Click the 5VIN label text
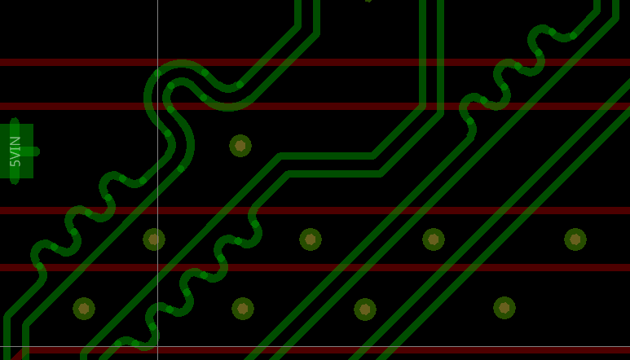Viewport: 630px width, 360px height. pyautogui.click(x=15, y=151)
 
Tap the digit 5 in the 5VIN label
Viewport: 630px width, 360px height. pyautogui.click(x=15, y=163)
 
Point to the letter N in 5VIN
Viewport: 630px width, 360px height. pyautogui.click(x=15, y=140)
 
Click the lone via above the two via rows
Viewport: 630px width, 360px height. pyautogui.click(x=240, y=146)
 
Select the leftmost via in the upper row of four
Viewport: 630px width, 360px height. pyautogui.click(x=154, y=239)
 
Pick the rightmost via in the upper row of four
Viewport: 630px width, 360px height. pyautogui.click(x=575, y=239)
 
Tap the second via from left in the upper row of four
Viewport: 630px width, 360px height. pyautogui.click(x=311, y=239)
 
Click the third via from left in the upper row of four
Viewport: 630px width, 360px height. pyautogui.click(x=434, y=239)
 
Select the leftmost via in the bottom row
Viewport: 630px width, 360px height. pyautogui.click(x=84, y=309)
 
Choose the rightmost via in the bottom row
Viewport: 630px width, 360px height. pyautogui.click(x=504, y=308)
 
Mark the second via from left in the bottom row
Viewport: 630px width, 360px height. pyautogui.click(x=243, y=309)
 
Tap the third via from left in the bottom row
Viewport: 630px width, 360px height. pyautogui.click(x=365, y=310)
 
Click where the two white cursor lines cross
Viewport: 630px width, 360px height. pyautogui.click(x=158, y=346)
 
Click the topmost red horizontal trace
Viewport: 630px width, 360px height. pyautogui.click(x=315, y=62)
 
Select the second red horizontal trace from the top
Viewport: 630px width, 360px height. pyautogui.click(x=315, y=107)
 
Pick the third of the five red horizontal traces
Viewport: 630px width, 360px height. pyautogui.click(x=315, y=211)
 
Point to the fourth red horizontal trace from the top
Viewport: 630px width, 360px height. pyautogui.click(x=315, y=268)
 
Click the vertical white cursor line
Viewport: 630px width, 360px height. pyautogui.click(x=158, y=180)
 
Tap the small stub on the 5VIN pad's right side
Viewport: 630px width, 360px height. pyautogui.click(x=36, y=151)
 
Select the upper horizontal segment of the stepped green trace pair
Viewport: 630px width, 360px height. pyautogui.click(x=326, y=156)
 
